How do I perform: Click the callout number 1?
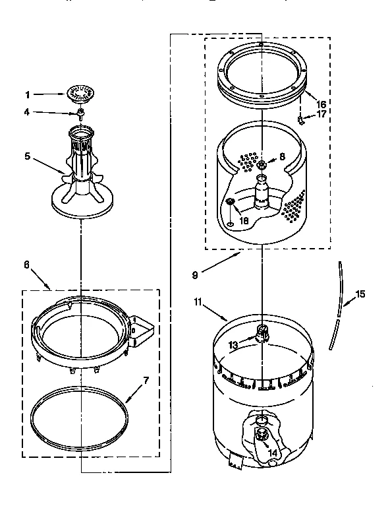pos(28,94)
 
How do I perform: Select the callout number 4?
pos(28,111)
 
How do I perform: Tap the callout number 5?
pos(28,156)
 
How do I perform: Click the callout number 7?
pos(147,380)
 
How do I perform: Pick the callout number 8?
pos(283,157)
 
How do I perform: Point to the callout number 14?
pos(272,453)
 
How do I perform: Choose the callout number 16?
pos(321,104)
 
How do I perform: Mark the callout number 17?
pos(322,113)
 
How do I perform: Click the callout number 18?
pos(244,222)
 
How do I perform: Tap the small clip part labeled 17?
pos(300,120)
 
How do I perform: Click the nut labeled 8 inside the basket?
pos(262,164)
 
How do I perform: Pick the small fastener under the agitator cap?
pos(80,113)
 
